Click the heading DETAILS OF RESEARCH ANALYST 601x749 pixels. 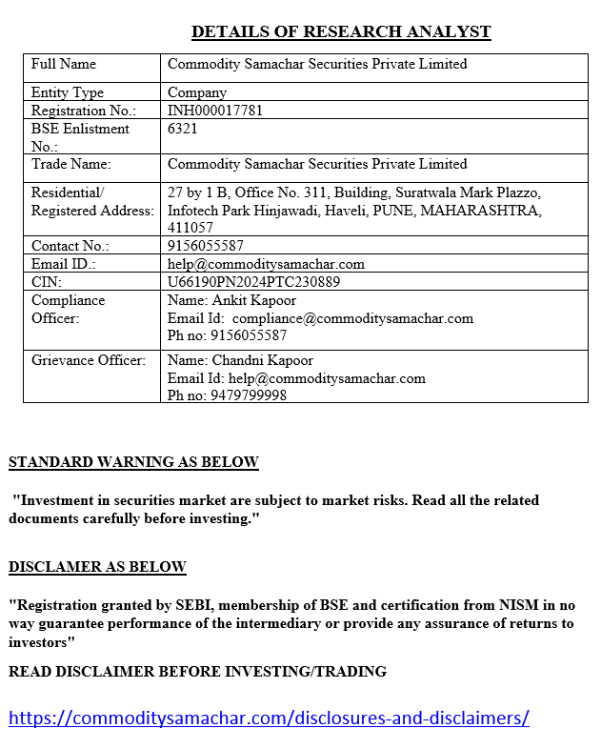(341, 31)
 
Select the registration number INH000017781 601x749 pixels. (215, 111)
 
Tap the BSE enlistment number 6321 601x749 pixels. (183, 128)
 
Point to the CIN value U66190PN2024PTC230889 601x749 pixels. (253, 282)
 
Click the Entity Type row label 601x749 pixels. (68, 92)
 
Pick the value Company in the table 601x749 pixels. (197, 92)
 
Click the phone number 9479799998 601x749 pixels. (246, 395)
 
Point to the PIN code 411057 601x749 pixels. (190, 228)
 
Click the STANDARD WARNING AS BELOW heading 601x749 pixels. (133, 462)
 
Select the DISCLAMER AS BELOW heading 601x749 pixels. (97, 567)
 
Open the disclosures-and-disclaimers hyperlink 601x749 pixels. (269, 718)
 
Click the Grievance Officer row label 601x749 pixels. (89, 360)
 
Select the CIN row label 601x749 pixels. (46, 282)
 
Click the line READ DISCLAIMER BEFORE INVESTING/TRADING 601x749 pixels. (197, 671)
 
